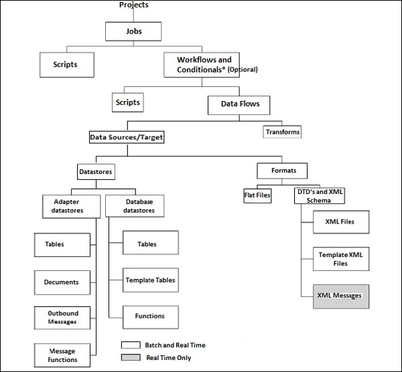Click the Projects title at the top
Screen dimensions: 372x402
[133, 5]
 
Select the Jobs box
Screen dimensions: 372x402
[134, 31]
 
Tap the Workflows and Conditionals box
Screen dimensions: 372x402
[210, 64]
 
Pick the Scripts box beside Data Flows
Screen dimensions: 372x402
[128, 103]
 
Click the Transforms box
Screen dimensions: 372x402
[282, 132]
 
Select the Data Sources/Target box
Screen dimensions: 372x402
[127, 137]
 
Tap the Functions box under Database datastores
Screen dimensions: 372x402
[150, 316]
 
